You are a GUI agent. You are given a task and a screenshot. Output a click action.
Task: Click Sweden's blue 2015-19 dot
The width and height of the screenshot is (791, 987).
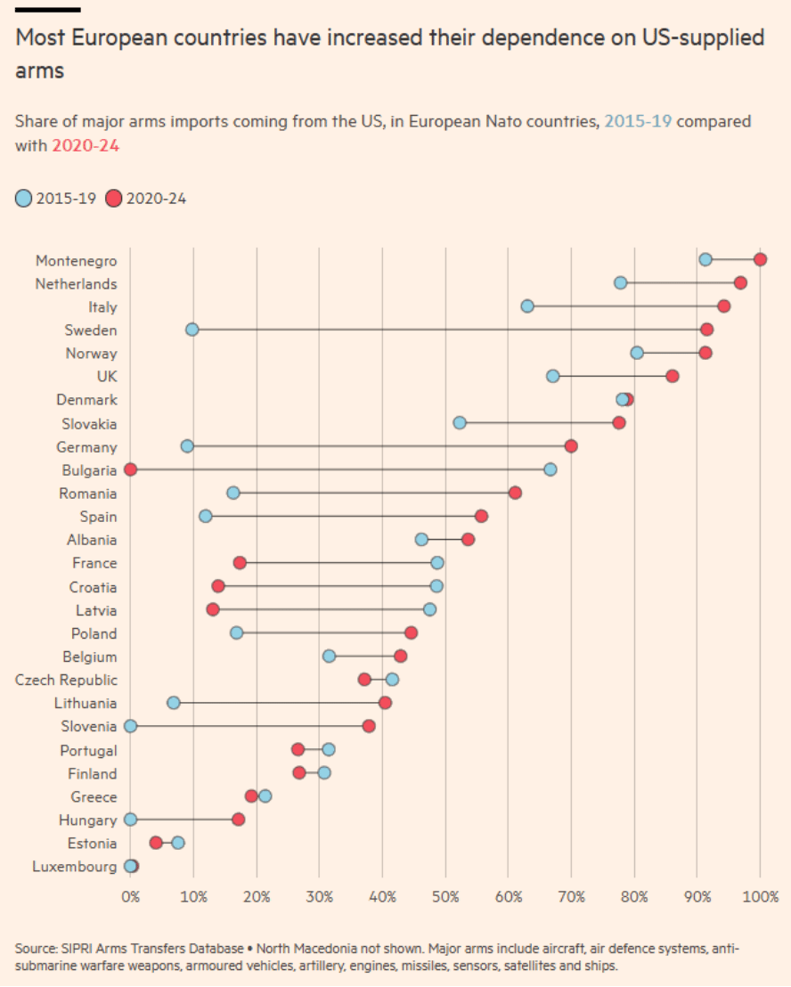click(192, 330)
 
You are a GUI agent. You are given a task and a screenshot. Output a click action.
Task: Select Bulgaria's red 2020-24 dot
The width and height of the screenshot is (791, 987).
click(130, 469)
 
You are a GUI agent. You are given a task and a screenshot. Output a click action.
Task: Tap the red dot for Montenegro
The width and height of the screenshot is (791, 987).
click(760, 259)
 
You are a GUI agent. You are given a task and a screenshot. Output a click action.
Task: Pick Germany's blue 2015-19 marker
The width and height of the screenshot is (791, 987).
click(187, 445)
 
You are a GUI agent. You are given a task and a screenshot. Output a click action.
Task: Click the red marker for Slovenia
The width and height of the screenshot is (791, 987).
click(369, 726)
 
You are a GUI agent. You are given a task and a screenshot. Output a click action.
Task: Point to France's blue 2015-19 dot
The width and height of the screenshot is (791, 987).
click(436, 563)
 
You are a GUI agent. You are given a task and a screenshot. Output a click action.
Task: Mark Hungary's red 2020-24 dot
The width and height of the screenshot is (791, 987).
click(238, 819)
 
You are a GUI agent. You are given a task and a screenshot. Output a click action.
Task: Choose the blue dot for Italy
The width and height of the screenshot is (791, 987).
click(527, 306)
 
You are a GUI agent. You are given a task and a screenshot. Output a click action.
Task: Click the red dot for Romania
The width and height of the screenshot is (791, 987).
click(515, 493)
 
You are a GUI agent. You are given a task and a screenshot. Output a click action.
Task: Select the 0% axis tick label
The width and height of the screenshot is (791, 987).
click(130, 894)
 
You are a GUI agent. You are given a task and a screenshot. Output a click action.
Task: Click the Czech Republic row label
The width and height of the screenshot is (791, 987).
click(66, 680)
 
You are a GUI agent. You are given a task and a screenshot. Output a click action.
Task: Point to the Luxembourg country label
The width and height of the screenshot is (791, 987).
click(74, 866)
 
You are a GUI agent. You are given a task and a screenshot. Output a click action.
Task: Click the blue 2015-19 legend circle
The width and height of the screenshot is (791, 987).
click(23, 199)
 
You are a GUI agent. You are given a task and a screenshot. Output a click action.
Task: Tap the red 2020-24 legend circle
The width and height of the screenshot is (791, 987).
click(114, 199)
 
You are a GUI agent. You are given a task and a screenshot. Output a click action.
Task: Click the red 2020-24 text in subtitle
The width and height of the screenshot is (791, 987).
click(86, 145)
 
